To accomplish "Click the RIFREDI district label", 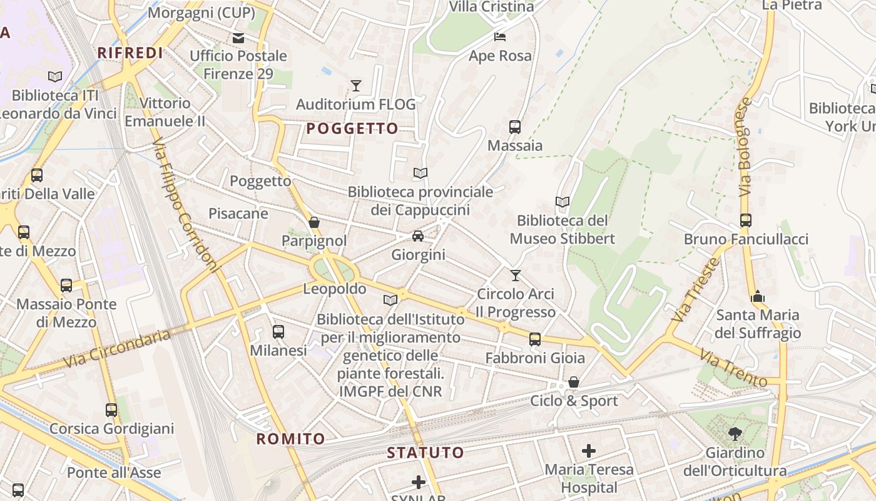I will (130, 53).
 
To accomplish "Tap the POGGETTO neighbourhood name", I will (352, 128).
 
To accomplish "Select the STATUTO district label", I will (425, 452).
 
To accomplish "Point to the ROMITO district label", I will (290, 438).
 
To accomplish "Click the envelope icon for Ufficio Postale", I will (238, 38).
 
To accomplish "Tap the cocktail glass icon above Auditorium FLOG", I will (356, 86).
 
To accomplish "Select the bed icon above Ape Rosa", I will (500, 36).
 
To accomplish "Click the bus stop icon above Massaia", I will (515, 127).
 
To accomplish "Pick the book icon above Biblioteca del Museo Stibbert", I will (562, 202).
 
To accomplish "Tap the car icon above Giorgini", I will (418, 236).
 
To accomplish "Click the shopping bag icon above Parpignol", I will (314, 222).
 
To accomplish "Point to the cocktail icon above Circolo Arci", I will (516, 275).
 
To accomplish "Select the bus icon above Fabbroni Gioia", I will (534, 339).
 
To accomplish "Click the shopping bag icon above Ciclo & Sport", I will (574, 382).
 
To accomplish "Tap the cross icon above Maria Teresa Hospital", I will (588, 450).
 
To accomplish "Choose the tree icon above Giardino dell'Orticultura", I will (735, 433).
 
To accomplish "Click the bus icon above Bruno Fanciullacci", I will (745, 220).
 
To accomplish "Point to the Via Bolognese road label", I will (744, 147).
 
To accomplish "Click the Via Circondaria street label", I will (117, 349).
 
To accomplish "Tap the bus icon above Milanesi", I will (278, 332).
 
